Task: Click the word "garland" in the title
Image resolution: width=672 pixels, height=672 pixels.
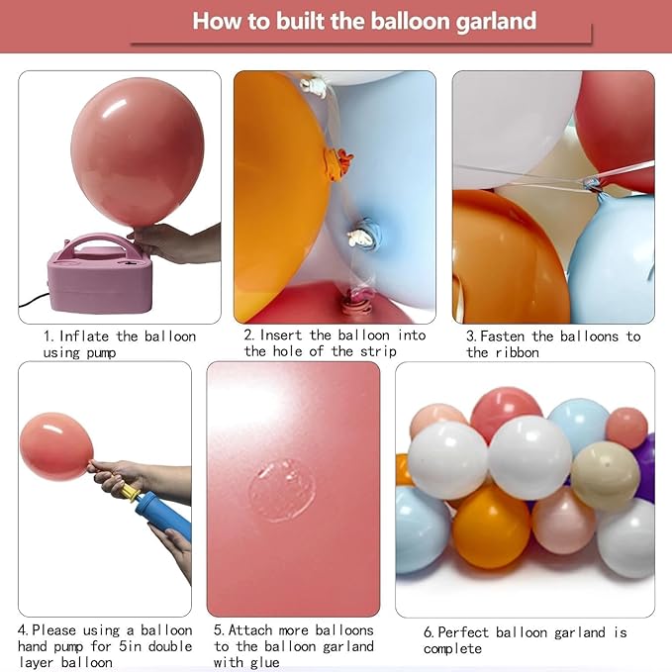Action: [x=496, y=21]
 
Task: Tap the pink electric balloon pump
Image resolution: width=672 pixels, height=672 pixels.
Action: [x=99, y=273]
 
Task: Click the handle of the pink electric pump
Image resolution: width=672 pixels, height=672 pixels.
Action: [x=98, y=243]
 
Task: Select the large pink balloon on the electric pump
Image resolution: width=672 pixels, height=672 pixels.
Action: [x=138, y=151]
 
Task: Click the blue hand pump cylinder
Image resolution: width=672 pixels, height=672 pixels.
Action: [x=163, y=516]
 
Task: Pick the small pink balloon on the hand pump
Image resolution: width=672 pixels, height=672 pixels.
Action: [x=56, y=446]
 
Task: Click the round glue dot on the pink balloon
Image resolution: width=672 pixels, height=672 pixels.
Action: [x=282, y=490]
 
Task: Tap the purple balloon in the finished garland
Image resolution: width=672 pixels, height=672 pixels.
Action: [x=645, y=466]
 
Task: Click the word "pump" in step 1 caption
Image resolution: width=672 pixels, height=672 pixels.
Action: [x=101, y=353]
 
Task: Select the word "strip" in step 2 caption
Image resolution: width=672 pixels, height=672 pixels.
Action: [x=378, y=351]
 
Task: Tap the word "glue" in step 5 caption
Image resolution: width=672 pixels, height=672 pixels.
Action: [x=265, y=662]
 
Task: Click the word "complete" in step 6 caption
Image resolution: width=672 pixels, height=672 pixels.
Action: [x=452, y=649]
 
